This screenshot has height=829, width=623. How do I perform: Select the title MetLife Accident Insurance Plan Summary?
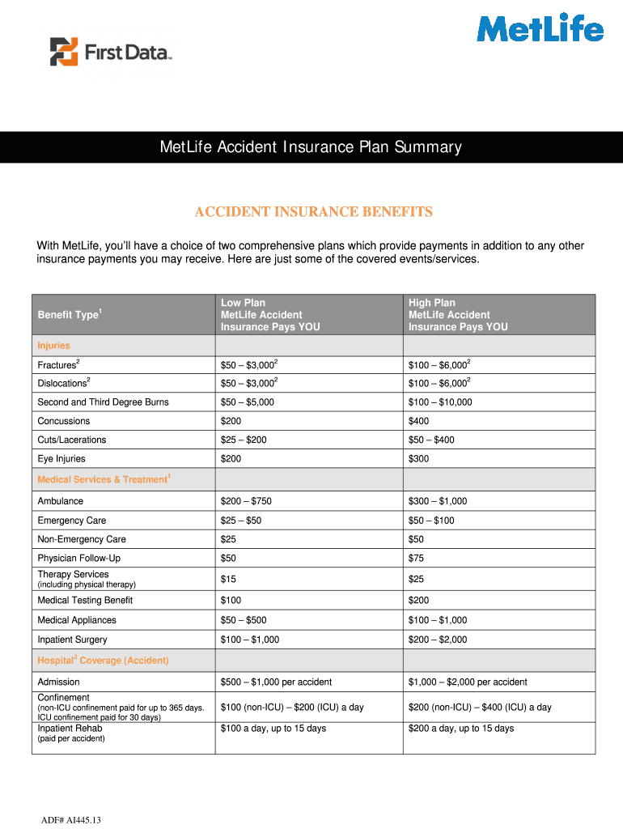[x=311, y=147]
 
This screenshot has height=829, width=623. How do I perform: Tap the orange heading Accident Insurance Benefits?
[x=313, y=212]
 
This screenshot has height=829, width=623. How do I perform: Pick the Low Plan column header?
[x=270, y=315]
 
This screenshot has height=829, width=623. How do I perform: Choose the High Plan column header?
[x=458, y=315]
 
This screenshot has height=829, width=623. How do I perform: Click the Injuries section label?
[x=53, y=346]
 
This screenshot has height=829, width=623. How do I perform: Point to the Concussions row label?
[x=64, y=421]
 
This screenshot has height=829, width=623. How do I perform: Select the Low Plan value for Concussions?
[x=231, y=421]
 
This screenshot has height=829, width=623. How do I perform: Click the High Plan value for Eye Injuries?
[x=419, y=459]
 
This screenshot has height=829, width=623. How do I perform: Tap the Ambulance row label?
[x=60, y=501]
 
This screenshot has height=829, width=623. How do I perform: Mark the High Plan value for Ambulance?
[x=438, y=501]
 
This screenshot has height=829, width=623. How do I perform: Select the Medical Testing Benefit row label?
[x=85, y=600]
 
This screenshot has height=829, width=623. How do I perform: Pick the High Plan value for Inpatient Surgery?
[x=438, y=640]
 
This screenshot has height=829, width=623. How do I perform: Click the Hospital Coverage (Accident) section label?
[x=103, y=661]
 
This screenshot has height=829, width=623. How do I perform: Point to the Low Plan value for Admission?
[x=276, y=682]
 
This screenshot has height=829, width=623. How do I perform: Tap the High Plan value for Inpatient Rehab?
[x=461, y=729]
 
